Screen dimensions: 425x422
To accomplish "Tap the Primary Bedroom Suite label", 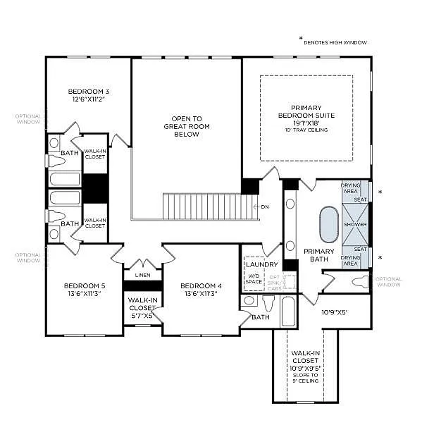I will point(306,114).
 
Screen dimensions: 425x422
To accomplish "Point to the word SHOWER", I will point(354,224).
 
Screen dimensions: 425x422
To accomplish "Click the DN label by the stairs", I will point(265,207).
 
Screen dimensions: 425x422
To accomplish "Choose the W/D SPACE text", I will point(254,278).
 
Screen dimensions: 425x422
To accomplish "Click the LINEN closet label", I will point(142,274).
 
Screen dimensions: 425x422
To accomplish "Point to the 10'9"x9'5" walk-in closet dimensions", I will point(306,367).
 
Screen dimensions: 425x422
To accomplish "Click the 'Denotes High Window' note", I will point(335,42).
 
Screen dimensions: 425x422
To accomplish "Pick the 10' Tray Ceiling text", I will point(306,130).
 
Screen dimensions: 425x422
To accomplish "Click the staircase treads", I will point(208,207).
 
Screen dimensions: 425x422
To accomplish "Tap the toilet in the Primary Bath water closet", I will point(360,282).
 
